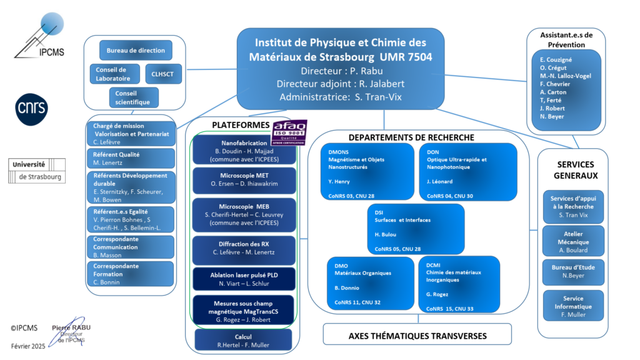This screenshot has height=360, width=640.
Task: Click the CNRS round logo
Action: tap(31, 109)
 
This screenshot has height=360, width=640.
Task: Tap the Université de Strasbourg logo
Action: tap(37, 171)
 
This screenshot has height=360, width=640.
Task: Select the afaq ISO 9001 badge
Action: tap(289, 132)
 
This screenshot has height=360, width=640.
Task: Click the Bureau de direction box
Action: tap(136, 50)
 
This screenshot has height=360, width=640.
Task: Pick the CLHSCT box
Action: tap(163, 74)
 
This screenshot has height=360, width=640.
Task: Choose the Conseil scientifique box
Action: tap(134, 97)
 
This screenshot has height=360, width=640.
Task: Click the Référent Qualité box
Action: tap(131, 158)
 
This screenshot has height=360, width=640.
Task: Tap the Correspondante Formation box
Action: tap(130, 274)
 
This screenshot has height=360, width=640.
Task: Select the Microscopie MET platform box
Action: tap(244, 180)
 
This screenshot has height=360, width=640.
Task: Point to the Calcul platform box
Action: tap(243, 340)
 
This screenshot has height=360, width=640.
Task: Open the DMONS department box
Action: tap(367, 171)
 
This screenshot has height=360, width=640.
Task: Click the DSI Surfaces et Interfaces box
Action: tap(416, 229)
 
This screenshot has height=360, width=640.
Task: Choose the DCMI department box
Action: tap(459, 284)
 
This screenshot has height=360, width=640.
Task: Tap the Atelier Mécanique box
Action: tap(573, 241)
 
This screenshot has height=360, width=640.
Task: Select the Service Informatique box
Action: tap(573, 306)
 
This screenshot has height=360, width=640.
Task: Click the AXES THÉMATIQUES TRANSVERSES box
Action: tap(417, 334)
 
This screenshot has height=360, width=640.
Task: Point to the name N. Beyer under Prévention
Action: tap(552, 116)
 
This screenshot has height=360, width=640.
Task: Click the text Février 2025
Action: tap(28, 346)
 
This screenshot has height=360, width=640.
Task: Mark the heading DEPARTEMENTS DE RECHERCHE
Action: tap(411, 137)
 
